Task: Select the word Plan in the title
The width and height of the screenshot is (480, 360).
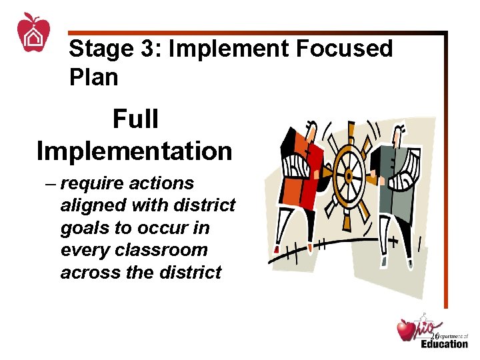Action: [93, 77]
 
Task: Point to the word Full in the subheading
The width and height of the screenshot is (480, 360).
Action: [135, 121]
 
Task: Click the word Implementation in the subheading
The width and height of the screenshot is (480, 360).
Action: [134, 151]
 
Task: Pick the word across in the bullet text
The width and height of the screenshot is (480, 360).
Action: [87, 273]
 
